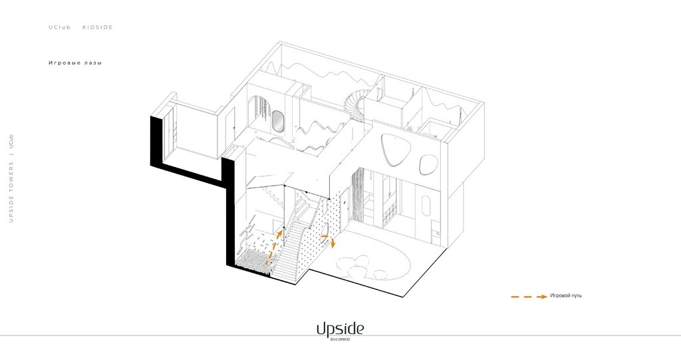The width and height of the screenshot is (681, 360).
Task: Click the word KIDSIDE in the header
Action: (x=97, y=27)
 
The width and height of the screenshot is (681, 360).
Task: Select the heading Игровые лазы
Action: (x=74, y=63)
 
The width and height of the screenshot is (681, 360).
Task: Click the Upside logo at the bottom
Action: (x=340, y=328)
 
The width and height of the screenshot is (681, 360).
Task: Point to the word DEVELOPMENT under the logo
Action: (x=340, y=339)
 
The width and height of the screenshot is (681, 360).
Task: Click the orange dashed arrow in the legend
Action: (x=529, y=296)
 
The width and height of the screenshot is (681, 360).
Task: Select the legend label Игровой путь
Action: (x=566, y=295)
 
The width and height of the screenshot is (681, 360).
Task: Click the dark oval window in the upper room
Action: (x=277, y=122)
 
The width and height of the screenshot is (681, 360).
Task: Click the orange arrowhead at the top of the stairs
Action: (x=279, y=234)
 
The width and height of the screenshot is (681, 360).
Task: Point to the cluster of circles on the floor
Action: (x=359, y=266)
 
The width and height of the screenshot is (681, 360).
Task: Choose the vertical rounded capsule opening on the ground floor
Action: (x=426, y=206)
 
